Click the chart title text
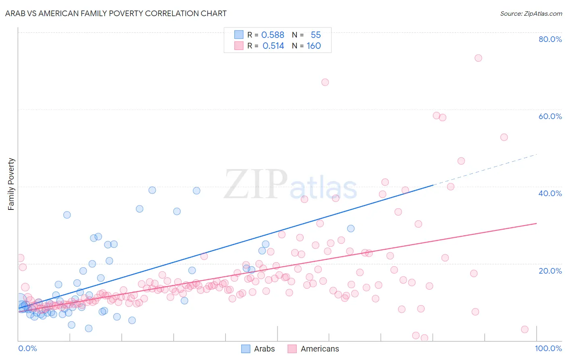[116, 13]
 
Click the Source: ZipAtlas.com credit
[531, 13]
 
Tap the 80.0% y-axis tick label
[550, 39]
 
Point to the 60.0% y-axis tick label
[550, 116]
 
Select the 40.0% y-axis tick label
[550, 193]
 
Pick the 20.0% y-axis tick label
[550, 270]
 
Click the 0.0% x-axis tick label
[27, 348]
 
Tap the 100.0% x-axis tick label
[548, 348]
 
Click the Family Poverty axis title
[11, 184]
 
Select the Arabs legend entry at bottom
[258, 349]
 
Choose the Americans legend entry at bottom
[313, 349]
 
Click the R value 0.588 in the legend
[273, 35]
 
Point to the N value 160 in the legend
[314, 46]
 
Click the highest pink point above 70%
[478, 58]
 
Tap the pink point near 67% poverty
[325, 82]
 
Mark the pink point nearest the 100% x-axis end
[525, 329]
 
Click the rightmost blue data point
[351, 228]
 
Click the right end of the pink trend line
[536, 223]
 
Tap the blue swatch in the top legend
[239, 35]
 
